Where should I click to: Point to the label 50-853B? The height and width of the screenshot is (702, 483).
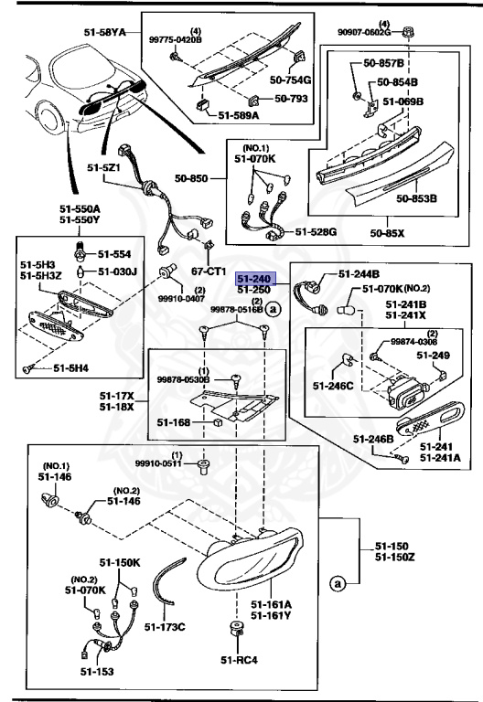[x=415, y=197]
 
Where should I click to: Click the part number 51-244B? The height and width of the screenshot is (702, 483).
[x=360, y=273]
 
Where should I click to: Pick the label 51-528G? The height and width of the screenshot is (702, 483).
[x=316, y=232]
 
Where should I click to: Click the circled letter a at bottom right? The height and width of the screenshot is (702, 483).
[x=338, y=581]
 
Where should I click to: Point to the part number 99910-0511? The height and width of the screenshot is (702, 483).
[x=161, y=463]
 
